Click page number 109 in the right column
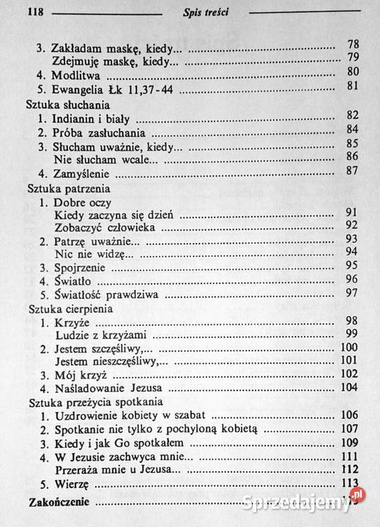click(x=351, y=443)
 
